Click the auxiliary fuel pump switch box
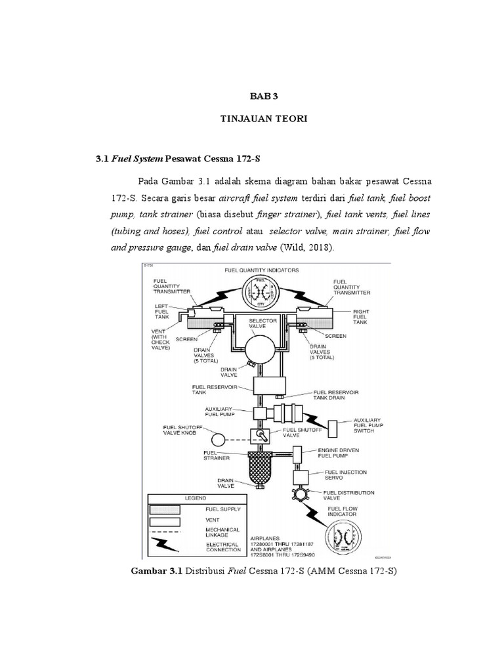coord(333,427)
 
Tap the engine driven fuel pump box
coord(297,453)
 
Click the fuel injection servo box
coord(301,475)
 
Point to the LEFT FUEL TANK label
coord(162,312)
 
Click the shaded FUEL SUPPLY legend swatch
coord(167,509)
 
